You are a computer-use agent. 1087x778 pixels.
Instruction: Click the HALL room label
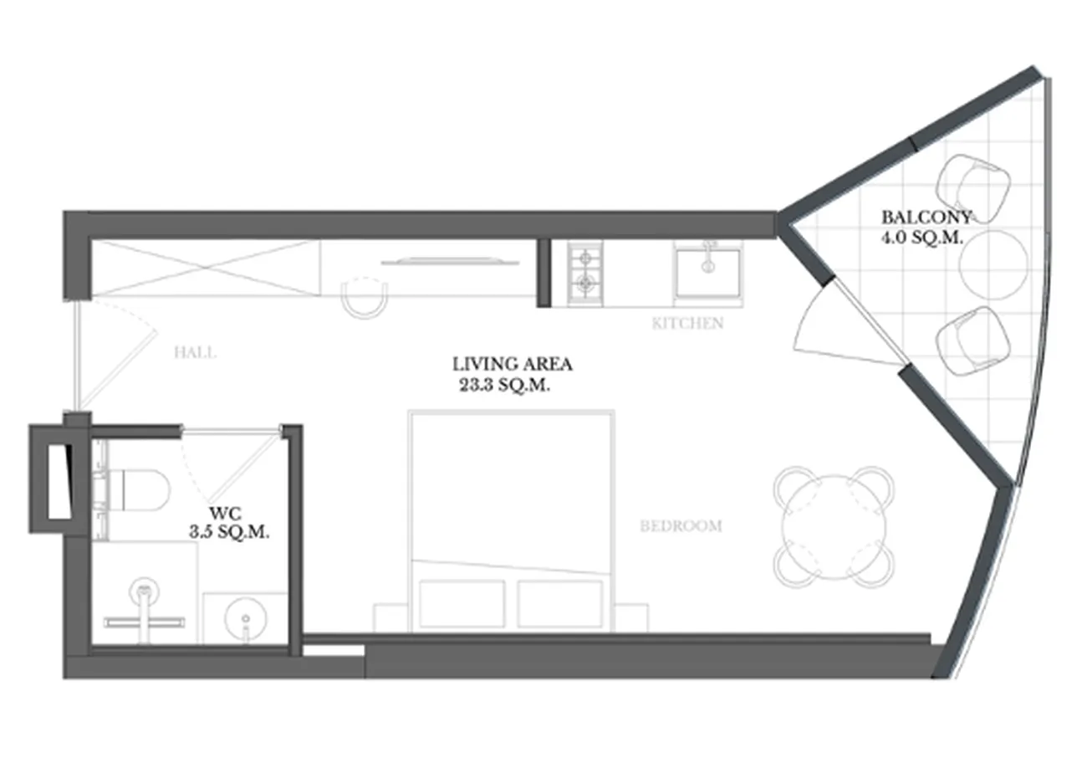click(x=195, y=352)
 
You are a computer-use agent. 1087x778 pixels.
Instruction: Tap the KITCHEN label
click(x=687, y=324)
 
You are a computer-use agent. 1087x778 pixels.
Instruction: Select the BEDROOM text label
click(x=681, y=526)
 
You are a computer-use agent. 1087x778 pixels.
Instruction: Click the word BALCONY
click(x=926, y=217)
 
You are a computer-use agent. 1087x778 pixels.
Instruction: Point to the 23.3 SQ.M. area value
click(x=505, y=385)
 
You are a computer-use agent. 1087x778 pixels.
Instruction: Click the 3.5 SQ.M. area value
click(x=229, y=532)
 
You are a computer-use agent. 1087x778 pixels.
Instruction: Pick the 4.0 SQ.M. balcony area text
click(x=921, y=238)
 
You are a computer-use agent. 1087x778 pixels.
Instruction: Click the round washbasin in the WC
click(x=246, y=620)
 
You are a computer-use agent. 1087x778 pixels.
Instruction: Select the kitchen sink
click(x=708, y=273)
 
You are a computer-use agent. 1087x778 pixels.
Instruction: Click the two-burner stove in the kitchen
click(x=585, y=274)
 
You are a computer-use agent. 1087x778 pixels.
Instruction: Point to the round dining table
click(x=834, y=527)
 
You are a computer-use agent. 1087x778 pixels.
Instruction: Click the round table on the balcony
click(x=993, y=265)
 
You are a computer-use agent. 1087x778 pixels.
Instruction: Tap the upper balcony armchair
click(x=972, y=188)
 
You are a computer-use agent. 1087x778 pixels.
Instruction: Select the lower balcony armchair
click(x=972, y=341)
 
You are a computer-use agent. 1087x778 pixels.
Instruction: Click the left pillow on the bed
click(x=462, y=604)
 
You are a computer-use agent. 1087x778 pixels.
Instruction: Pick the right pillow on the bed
click(x=560, y=604)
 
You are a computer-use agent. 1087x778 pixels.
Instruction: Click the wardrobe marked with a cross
click(x=206, y=268)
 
